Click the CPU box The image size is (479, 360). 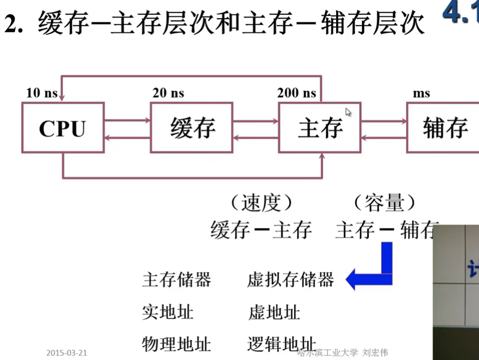point(62,128)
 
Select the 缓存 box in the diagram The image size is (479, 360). point(191,128)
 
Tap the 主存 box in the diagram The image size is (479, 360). point(320,128)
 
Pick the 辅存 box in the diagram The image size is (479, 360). point(443,128)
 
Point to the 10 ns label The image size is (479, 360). point(42,93)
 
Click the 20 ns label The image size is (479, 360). point(168,93)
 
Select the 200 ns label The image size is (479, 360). point(296,93)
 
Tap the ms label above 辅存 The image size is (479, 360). point(421,93)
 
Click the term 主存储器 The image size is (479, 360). point(176,280)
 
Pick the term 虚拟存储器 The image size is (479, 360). point(290,280)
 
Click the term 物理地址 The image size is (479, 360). point(176,344)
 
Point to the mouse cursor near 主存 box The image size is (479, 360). point(348,112)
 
